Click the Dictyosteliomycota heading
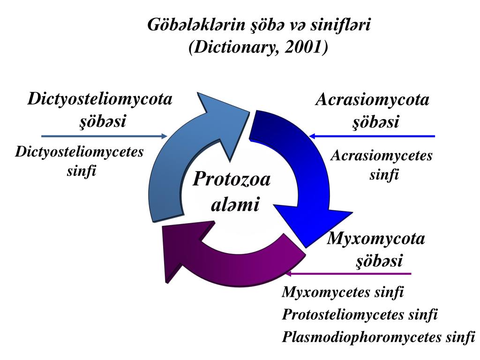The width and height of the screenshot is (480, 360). [x=100, y=99]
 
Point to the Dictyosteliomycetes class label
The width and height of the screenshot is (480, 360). [x=79, y=152]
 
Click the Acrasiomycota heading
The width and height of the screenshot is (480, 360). [x=372, y=100]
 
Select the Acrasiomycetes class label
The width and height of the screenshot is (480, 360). [x=381, y=156]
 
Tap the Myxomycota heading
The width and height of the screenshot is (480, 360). [x=376, y=239]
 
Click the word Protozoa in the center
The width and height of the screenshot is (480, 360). [x=232, y=179]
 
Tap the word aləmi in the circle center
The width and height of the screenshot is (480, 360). [x=234, y=205]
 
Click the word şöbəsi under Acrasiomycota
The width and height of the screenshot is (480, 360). [x=375, y=122]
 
